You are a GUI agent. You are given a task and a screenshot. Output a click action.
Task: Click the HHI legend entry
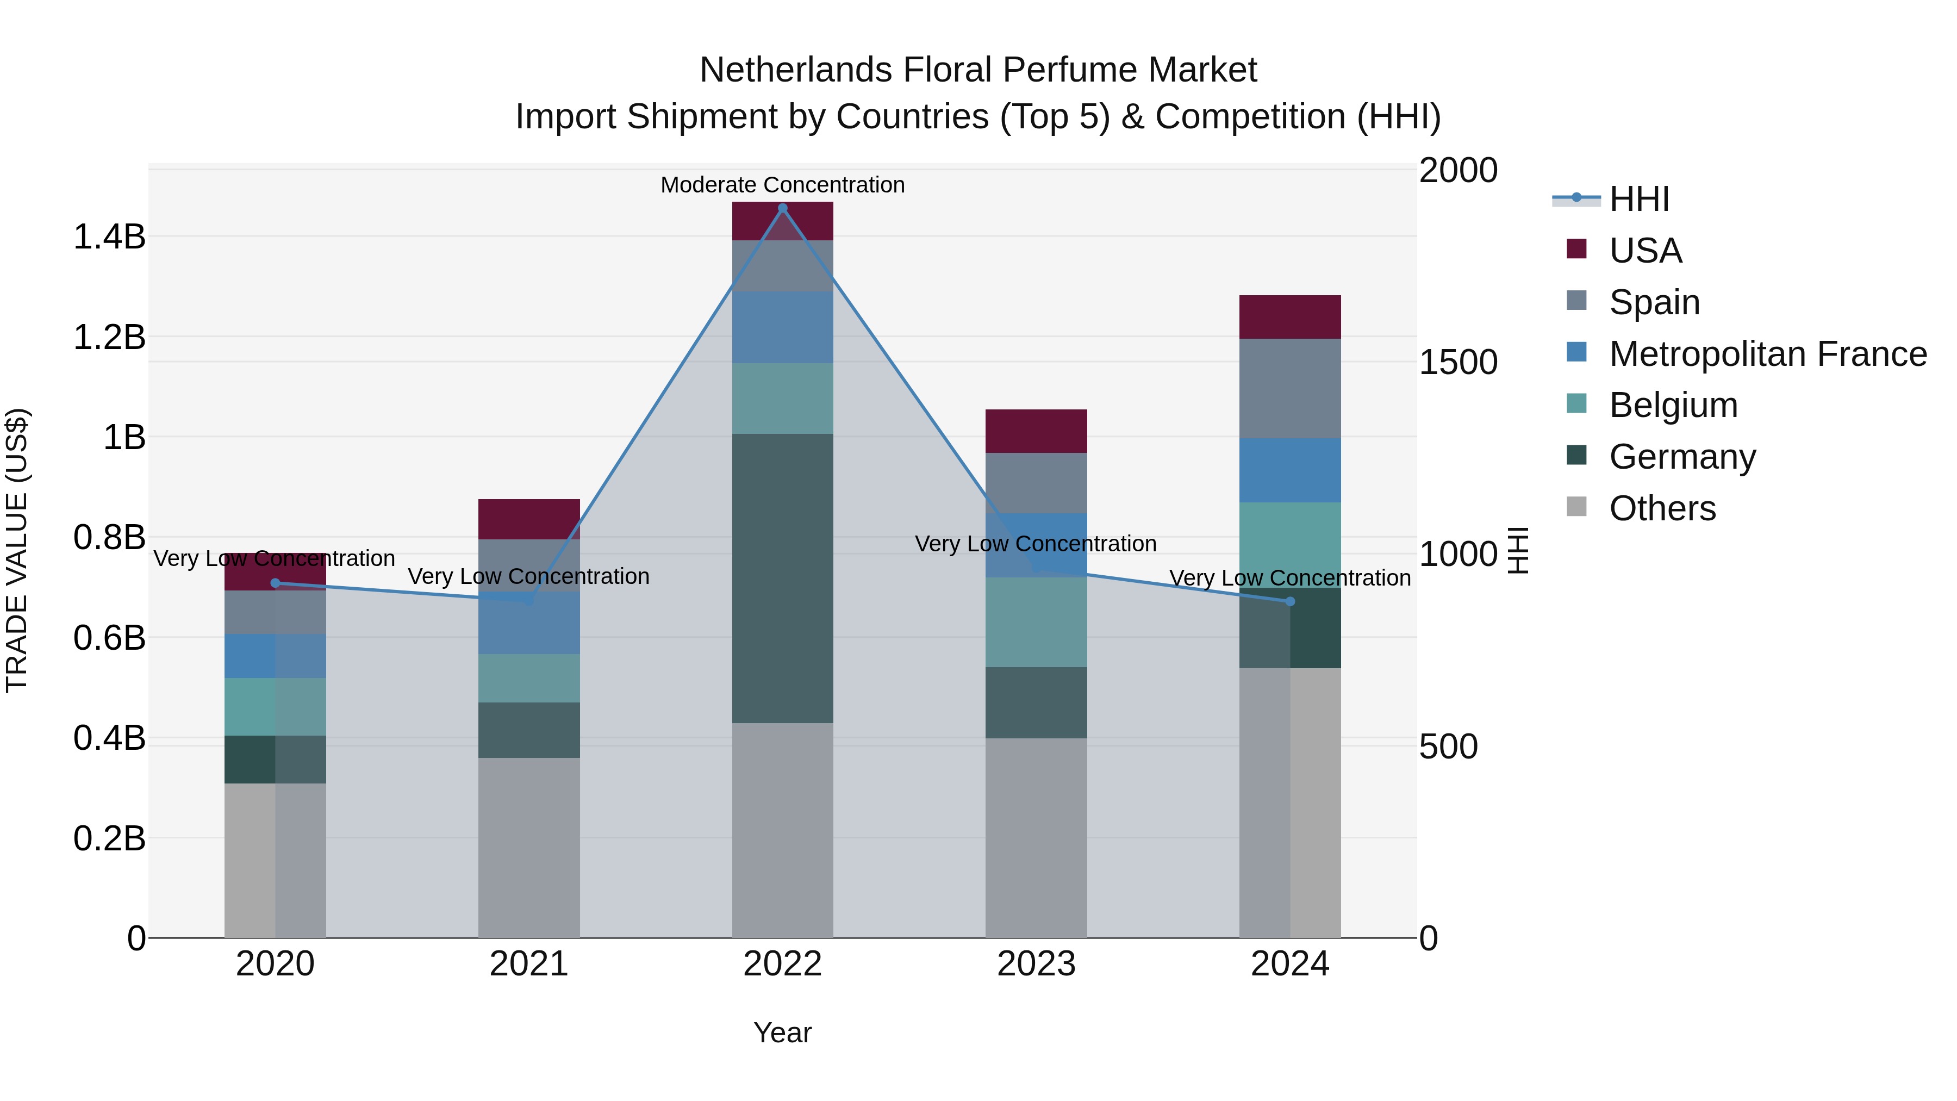[1638, 199]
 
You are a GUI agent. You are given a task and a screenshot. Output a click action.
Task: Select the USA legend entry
[1645, 251]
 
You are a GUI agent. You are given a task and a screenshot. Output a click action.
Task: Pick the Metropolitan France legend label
[1767, 354]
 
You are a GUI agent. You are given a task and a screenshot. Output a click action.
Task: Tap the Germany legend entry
[1682, 457]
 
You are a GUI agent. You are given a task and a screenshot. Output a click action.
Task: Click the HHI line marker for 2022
[782, 208]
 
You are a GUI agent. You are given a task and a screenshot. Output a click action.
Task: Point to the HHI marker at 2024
[1290, 602]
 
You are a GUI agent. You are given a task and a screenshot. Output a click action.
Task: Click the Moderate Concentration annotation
[782, 185]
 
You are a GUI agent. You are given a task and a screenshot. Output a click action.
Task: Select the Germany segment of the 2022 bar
[782, 577]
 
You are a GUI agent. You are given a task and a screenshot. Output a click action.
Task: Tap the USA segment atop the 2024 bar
[1290, 317]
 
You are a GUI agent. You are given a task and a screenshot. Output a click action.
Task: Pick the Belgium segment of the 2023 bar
[1036, 623]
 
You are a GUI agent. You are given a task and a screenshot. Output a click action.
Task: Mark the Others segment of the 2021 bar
[529, 847]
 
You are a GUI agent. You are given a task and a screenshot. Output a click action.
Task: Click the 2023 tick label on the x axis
[1036, 964]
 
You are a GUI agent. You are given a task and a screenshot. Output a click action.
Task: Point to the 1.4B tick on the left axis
[109, 237]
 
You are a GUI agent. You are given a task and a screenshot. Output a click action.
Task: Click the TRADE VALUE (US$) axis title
[17, 550]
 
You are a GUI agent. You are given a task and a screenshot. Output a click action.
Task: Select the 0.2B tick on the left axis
[109, 839]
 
